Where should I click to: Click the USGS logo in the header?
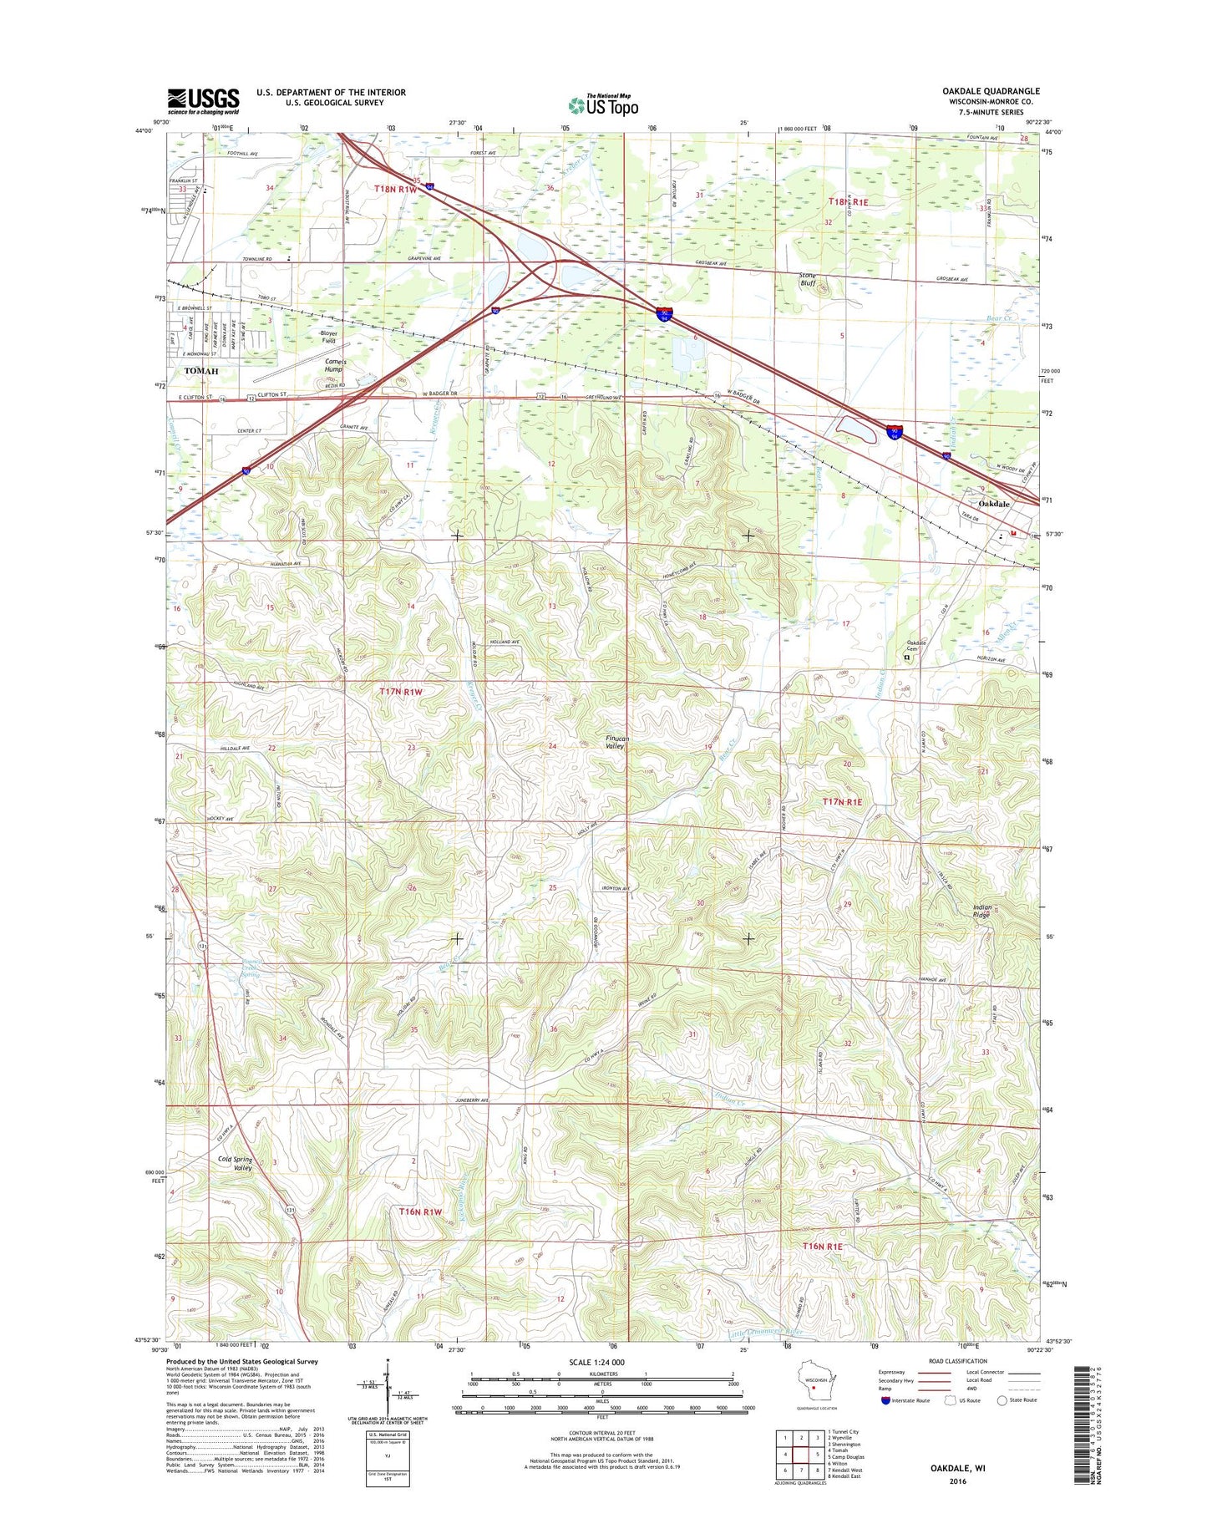[203, 101]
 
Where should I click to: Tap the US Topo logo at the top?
[603, 105]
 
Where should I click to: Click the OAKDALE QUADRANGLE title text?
[991, 91]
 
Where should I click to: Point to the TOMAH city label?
[200, 371]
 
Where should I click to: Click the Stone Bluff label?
[807, 279]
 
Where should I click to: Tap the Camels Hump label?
[335, 365]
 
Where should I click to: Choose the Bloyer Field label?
[328, 337]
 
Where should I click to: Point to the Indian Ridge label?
[981, 912]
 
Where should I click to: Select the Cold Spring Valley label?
[235, 1164]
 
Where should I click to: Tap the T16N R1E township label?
[822, 1246]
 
